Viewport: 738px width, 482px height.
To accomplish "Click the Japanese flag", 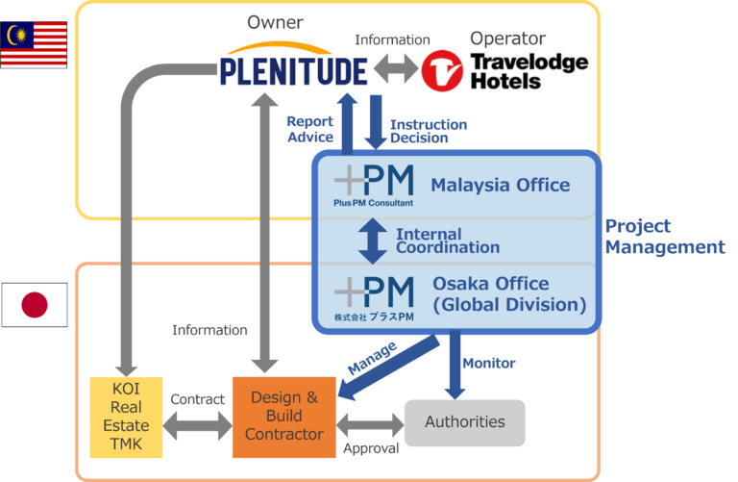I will pos(35,305).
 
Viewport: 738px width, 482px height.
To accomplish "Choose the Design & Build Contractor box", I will pos(283,416).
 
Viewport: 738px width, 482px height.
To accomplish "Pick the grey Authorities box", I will pos(465,422).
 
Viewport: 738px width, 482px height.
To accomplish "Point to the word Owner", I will pos(274,20).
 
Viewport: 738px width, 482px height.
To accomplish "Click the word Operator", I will pos(507,38).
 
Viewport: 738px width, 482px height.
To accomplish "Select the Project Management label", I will pos(664,237).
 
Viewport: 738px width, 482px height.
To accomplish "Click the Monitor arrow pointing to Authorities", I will pos(455,366).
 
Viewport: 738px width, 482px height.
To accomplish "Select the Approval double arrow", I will pos(369,422).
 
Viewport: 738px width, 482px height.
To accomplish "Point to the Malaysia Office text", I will pos(500,186).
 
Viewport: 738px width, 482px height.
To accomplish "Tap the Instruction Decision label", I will pos(428,131).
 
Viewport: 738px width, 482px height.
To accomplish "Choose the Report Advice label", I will pos(309,130).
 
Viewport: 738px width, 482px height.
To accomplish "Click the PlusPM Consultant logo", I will pos(374,186).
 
